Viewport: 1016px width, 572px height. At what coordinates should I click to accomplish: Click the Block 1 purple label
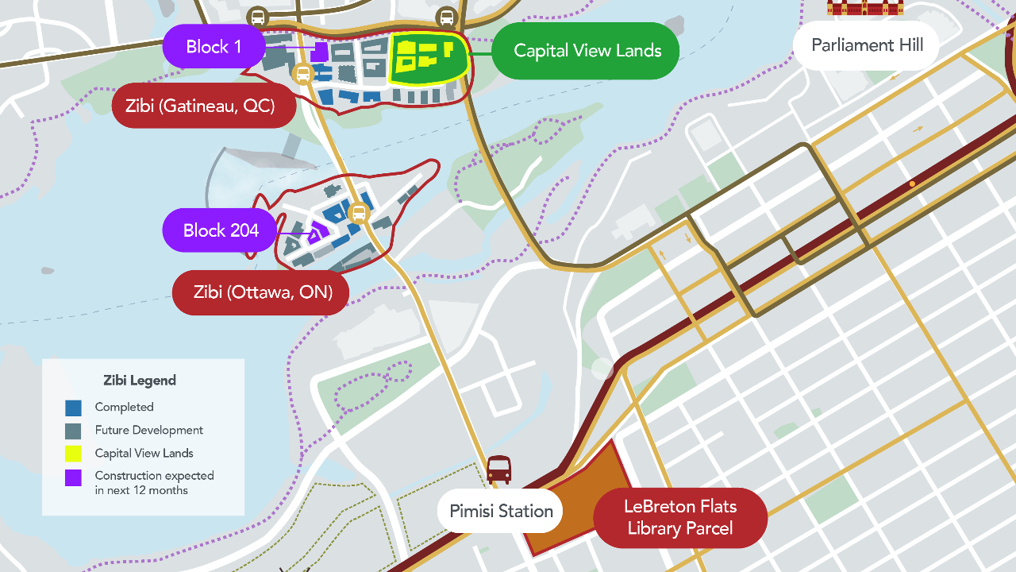click(x=214, y=47)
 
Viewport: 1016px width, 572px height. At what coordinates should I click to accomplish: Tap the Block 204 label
click(x=221, y=230)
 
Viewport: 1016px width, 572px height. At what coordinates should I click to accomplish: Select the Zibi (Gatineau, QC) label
click(x=204, y=105)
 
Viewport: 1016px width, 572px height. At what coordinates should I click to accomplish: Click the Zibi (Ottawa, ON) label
click(x=260, y=292)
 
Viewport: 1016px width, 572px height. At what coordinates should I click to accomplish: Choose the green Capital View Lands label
click(x=587, y=51)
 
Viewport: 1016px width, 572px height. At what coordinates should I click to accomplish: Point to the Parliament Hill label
click(x=867, y=45)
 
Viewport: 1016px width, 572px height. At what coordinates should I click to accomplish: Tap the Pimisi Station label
click(x=501, y=511)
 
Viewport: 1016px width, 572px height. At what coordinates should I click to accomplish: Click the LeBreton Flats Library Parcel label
click(x=679, y=517)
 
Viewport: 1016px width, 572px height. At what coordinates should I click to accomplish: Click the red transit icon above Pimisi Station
click(x=498, y=470)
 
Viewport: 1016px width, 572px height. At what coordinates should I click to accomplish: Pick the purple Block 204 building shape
click(x=318, y=232)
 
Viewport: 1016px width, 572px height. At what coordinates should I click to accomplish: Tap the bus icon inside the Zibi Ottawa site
click(x=359, y=213)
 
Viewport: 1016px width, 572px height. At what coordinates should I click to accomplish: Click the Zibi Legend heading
click(x=140, y=381)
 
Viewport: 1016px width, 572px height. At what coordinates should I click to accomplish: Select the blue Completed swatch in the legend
click(x=73, y=408)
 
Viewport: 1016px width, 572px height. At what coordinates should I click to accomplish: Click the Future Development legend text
click(x=148, y=430)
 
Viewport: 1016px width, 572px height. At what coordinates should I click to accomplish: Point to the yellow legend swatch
click(x=73, y=454)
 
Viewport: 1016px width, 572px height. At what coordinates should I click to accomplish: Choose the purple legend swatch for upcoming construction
click(x=73, y=477)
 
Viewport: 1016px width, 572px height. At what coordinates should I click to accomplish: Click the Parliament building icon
click(x=864, y=8)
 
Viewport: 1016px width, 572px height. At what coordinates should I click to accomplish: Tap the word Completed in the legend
click(x=124, y=407)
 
